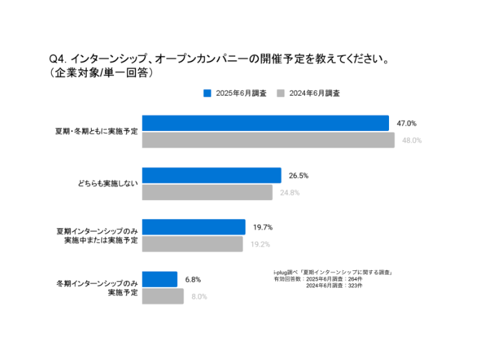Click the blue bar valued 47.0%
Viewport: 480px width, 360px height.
(x=266, y=123)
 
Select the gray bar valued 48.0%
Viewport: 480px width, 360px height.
(x=268, y=140)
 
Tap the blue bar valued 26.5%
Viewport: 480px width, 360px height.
(x=212, y=175)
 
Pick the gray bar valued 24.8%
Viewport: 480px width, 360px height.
(x=207, y=192)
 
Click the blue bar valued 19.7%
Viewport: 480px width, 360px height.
(x=194, y=227)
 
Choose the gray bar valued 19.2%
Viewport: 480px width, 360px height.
(x=192, y=244)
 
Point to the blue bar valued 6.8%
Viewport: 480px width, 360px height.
(x=160, y=279)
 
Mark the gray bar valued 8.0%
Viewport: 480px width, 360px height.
(x=163, y=297)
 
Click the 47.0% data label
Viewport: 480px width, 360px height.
(x=406, y=123)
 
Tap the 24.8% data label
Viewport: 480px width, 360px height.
(x=289, y=193)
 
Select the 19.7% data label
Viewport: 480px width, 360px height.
(x=262, y=228)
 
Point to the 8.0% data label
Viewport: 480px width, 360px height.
(x=199, y=297)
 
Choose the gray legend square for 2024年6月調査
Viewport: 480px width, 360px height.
(x=281, y=93)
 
